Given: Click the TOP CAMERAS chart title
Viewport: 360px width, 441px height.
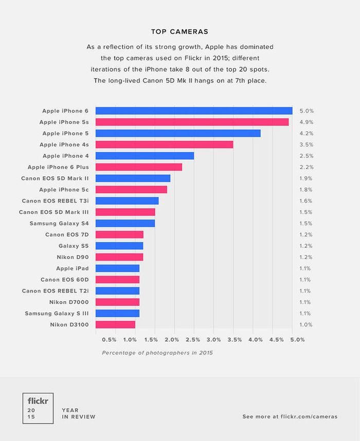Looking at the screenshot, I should click(179, 31).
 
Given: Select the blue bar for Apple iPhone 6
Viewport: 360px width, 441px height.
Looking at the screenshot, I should click(194, 111).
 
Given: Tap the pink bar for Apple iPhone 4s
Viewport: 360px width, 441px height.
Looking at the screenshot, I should click(164, 144).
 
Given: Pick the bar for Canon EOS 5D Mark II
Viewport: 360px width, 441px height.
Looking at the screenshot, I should click(133, 178).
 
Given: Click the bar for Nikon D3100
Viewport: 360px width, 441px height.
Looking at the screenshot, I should click(115, 324).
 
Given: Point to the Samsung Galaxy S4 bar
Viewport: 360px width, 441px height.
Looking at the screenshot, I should click(125, 223).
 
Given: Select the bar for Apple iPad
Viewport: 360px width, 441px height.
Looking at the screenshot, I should click(117, 268).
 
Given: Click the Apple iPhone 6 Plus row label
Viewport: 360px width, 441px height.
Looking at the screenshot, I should click(58, 167).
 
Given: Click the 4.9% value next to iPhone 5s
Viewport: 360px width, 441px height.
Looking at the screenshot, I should click(306, 122).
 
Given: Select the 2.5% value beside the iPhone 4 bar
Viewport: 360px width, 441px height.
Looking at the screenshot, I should click(306, 156).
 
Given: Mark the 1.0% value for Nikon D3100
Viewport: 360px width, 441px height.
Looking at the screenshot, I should click(306, 325).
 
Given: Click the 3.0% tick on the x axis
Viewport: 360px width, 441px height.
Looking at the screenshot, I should click(213, 340).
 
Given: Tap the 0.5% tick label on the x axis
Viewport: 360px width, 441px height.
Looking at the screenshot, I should click(109, 340).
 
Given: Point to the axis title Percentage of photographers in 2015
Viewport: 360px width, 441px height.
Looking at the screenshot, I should click(157, 353).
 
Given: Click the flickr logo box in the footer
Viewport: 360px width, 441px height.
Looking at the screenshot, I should click(38, 408).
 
